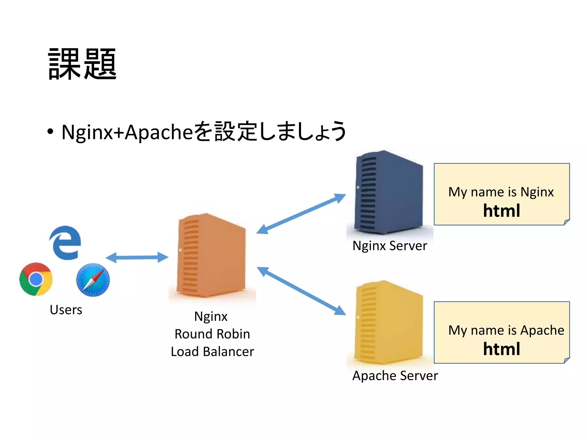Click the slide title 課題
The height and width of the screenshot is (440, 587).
pos(82,64)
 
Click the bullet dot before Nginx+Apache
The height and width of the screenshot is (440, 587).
pos(50,132)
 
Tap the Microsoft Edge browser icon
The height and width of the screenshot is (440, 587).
pos(66,243)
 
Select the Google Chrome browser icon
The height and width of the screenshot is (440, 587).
pos(36,279)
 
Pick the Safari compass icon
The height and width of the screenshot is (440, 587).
pos(93,280)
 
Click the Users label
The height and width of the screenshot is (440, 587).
pos(66,310)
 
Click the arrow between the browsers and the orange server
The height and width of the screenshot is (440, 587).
pos(137,257)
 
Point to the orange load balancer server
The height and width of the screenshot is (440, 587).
pos(212,256)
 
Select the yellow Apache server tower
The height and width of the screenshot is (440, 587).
pos(389,322)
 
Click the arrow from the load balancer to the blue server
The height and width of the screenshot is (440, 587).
pos(301,214)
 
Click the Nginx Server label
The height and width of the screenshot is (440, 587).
pos(390,246)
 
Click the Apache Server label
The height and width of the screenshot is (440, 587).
pos(395,376)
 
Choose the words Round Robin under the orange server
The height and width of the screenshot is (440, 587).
pos(212,334)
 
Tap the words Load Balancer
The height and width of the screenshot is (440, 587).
pos(212,351)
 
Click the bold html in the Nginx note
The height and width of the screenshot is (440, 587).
pos(501,211)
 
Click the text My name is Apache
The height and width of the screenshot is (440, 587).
pos(506,330)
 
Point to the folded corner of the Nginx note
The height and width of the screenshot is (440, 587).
pos(567,222)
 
